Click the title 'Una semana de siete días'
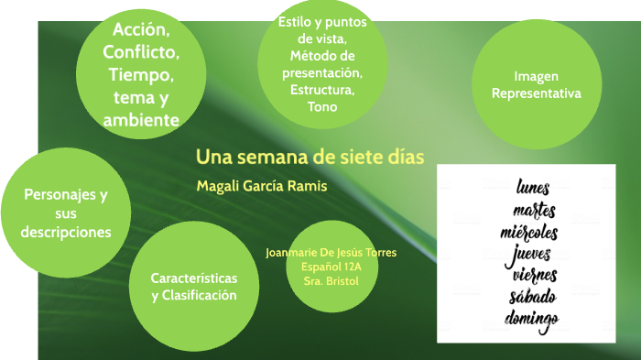310,156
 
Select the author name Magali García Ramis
261,186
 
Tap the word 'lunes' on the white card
533,188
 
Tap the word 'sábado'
533,297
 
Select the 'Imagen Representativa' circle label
536,84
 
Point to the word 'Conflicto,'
141,51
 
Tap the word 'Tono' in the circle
322,106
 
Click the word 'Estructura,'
322,90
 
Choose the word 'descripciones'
66,232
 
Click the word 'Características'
194,278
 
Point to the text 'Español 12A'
331,267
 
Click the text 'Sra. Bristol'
331,280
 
